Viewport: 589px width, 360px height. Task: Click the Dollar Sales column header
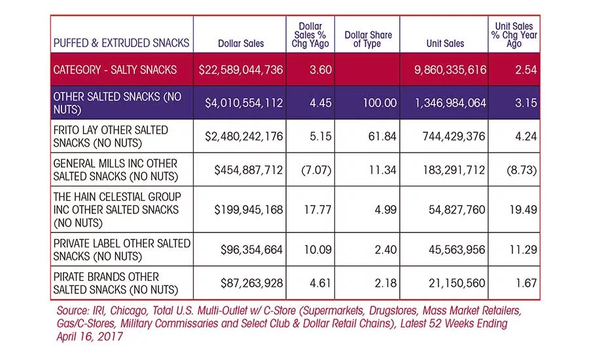click(x=241, y=43)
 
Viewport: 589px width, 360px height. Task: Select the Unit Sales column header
click(x=445, y=43)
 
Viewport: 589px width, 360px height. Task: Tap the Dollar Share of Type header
click(x=368, y=39)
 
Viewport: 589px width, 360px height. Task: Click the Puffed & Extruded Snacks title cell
click(x=121, y=43)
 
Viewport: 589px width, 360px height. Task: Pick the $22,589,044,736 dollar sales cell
click(x=240, y=70)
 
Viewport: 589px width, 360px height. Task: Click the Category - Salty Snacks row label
click(x=115, y=70)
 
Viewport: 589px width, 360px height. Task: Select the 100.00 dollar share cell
click(x=380, y=103)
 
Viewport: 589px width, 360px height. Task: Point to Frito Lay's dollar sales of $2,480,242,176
click(x=243, y=136)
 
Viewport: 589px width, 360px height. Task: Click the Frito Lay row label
click(x=111, y=136)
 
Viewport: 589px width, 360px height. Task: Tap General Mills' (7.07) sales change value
click(x=316, y=170)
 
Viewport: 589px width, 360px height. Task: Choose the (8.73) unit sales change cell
click(x=522, y=170)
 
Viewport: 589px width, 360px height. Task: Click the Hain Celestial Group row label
click(x=117, y=209)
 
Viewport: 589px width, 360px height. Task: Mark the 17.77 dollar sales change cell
click(x=317, y=209)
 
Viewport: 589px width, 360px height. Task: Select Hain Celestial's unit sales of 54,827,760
click(x=457, y=209)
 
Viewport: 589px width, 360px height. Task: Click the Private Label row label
click(x=122, y=249)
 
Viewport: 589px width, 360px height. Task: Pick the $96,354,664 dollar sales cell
click(x=251, y=249)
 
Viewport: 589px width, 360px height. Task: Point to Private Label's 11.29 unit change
click(x=523, y=249)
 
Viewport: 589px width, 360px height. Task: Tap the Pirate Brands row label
click(x=116, y=283)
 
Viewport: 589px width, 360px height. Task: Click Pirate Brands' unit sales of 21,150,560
click(x=457, y=283)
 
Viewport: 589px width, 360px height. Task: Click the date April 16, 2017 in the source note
click(x=90, y=336)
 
